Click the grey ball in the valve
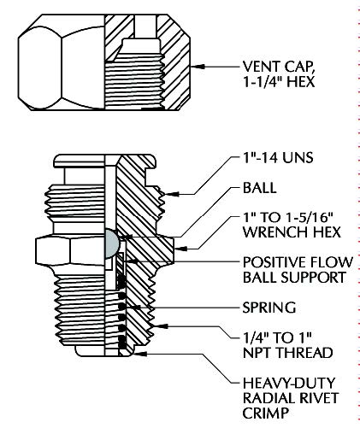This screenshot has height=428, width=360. point(112,243)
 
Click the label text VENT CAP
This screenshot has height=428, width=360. point(279,67)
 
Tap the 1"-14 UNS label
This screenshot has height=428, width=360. point(278,157)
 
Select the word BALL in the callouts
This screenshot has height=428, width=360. point(259,188)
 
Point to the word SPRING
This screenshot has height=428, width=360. point(269,308)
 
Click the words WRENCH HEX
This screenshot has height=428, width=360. point(292,232)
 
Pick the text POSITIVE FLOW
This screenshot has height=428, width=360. point(298,262)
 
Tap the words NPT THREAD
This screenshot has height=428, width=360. point(287,353)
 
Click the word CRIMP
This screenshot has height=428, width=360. point(266,413)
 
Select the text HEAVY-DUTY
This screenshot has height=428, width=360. point(289,383)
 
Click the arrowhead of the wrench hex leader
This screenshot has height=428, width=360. point(180,249)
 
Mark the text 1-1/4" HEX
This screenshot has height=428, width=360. point(279,82)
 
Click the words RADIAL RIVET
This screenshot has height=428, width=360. point(291,397)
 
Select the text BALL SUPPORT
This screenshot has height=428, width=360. point(294,278)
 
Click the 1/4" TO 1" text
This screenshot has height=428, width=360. point(276,337)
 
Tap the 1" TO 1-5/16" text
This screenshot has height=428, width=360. point(288,218)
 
